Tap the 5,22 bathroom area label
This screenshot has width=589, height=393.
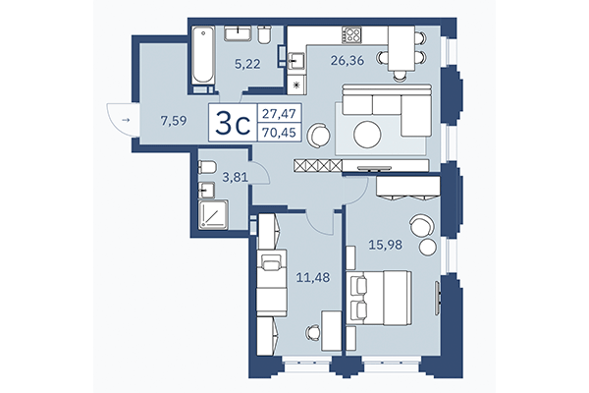click(x=247, y=65)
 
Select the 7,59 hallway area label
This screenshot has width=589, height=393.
click(x=175, y=122)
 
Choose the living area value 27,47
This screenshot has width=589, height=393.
click(x=279, y=114)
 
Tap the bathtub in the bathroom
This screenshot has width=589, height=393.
click(x=200, y=55)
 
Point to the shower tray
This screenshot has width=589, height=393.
click(x=211, y=213)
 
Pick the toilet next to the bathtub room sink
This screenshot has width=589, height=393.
click(x=264, y=35)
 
